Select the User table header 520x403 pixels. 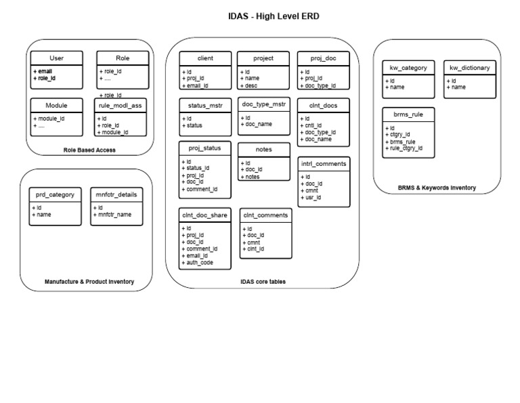[57, 58]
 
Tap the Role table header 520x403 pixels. [123, 58]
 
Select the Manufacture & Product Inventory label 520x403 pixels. [89, 281]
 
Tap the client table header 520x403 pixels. [205, 58]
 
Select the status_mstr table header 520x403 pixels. [205, 106]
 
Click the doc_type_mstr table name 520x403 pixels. [264, 104]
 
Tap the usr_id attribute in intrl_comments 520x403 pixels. [313, 198]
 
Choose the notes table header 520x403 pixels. [264, 149]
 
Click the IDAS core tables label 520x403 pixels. [263, 281]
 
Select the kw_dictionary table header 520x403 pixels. [470, 68]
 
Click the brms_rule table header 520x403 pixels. [408, 114]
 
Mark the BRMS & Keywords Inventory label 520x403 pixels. [436, 188]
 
